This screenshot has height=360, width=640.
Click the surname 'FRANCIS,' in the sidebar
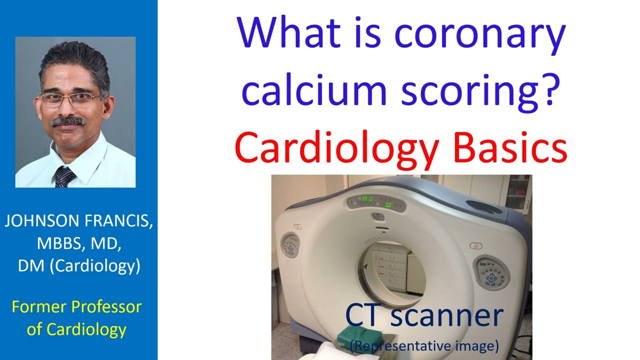pos(118,222)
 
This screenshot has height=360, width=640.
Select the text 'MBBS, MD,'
pos(78,244)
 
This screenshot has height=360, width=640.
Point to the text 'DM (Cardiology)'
pos(79,266)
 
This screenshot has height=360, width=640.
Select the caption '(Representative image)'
pos(425,344)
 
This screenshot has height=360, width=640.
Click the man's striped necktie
pos(64,177)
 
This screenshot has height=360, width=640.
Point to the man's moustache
pos(68,121)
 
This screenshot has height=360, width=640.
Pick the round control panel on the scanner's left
pos(290,244)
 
